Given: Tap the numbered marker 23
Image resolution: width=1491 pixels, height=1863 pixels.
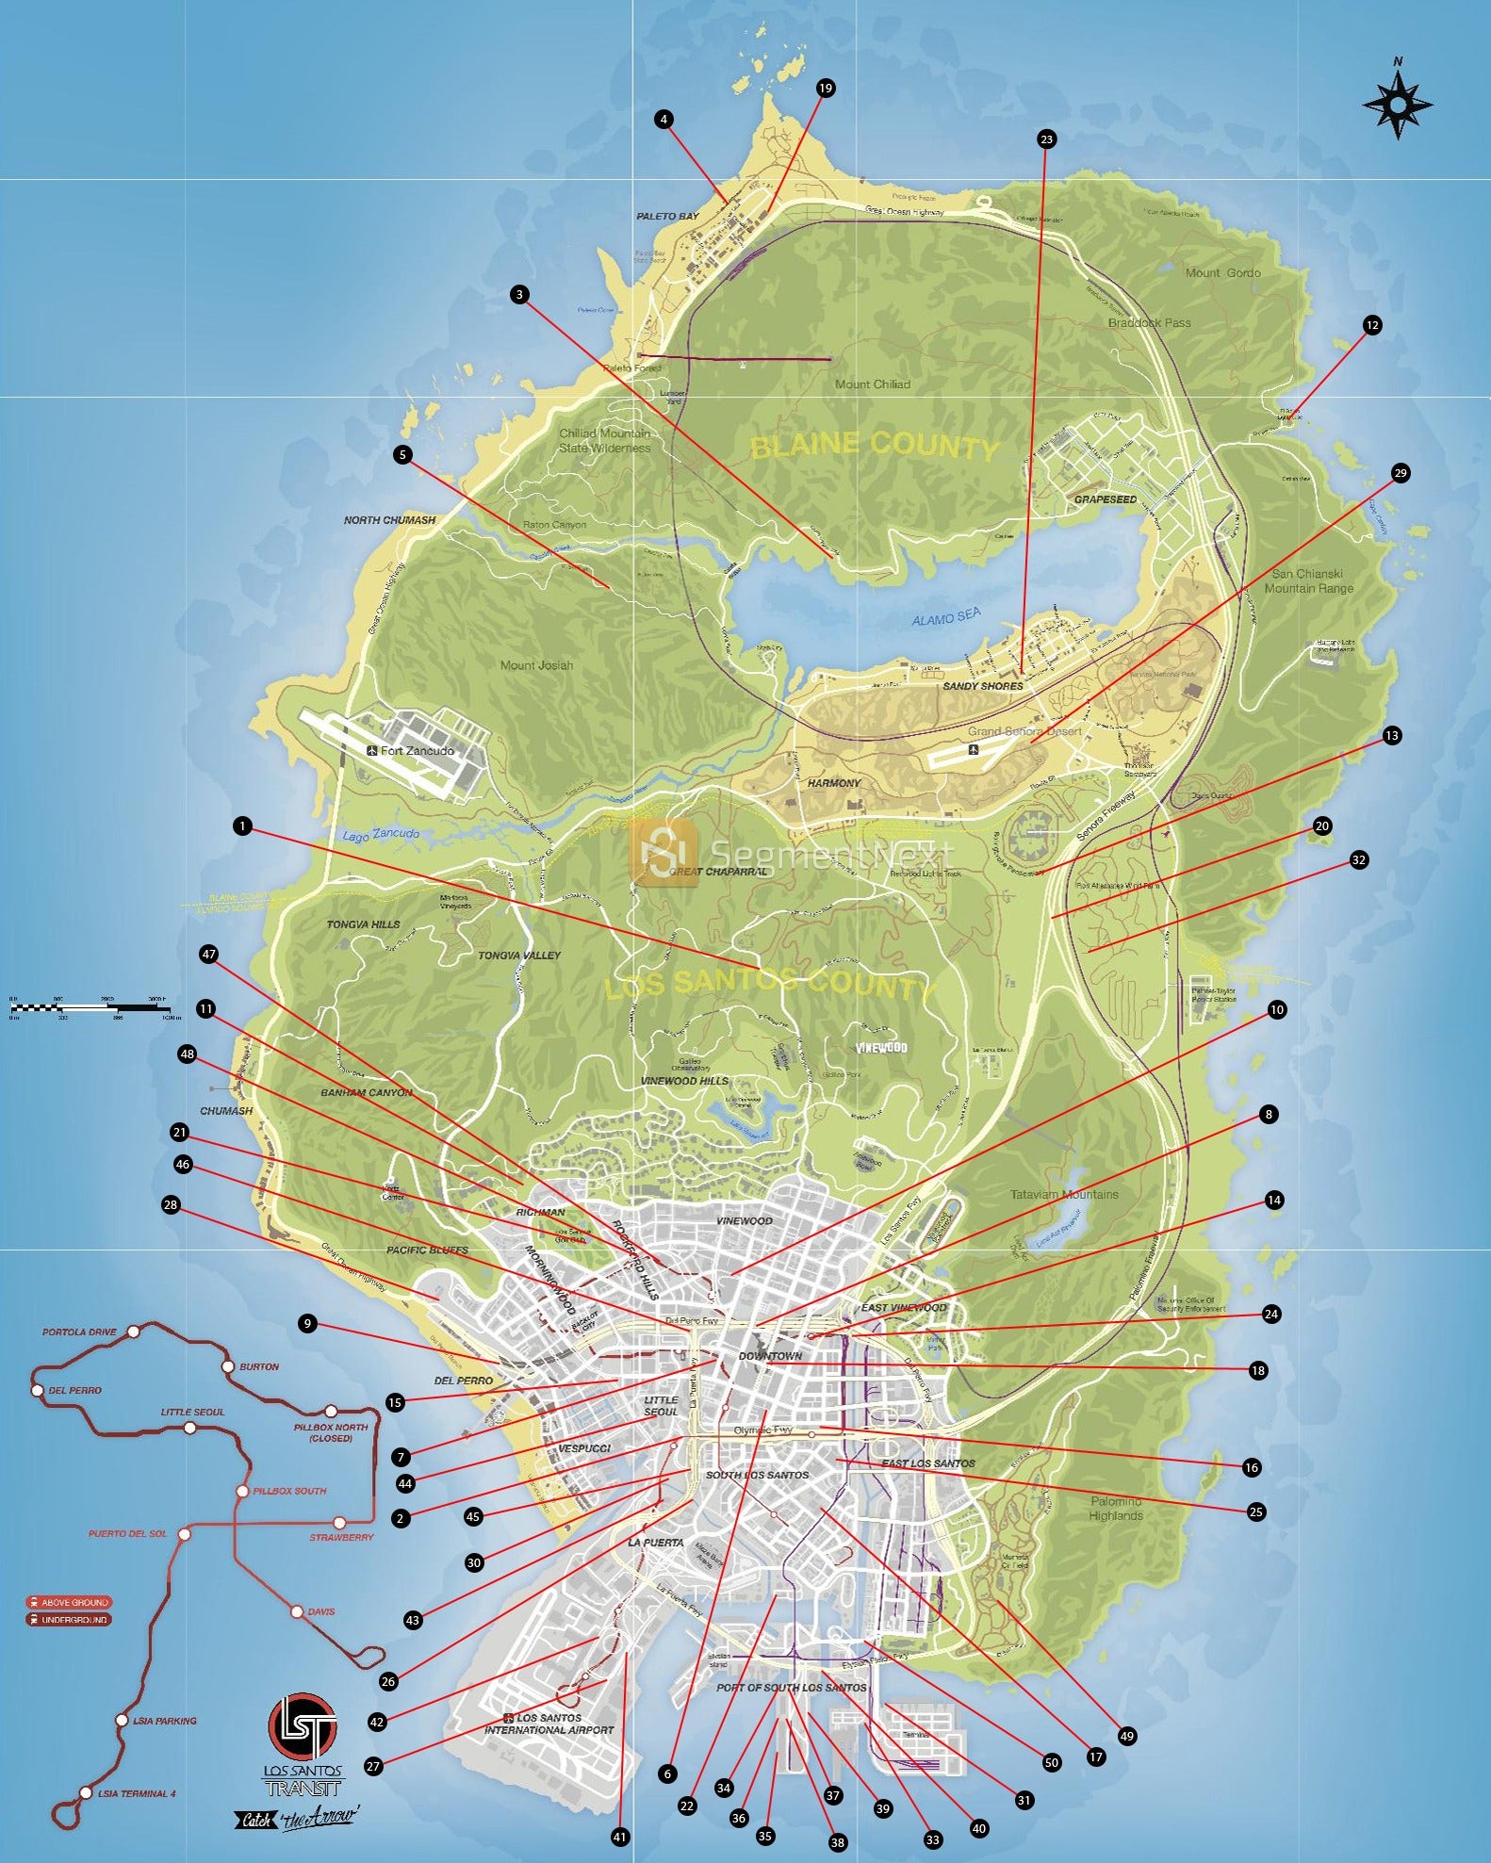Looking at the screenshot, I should [x=1045, y=139].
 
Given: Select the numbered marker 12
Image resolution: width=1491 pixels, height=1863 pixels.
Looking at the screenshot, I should [x=1371, y=325].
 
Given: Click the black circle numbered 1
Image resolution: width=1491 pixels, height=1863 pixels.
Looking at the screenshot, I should [x=243, y=826].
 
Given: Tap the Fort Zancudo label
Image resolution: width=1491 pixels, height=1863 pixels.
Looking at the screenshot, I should [x=417, y=751].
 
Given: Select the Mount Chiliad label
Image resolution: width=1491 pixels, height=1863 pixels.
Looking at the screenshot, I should [x=872, y=384].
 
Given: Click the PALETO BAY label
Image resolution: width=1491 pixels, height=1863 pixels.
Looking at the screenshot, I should [x=667, y=217].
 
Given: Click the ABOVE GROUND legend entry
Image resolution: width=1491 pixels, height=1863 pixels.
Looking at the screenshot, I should [x=70, y=1602].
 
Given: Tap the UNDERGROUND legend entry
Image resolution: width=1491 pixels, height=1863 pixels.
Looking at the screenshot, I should [x=70, y=1620].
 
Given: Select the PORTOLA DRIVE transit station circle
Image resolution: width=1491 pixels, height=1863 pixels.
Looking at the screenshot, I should [x=134, y=1331].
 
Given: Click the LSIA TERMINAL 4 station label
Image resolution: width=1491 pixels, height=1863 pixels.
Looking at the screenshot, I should [x=136, y=1793].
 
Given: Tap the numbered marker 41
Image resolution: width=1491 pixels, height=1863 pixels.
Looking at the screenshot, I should [x=619, y=1837].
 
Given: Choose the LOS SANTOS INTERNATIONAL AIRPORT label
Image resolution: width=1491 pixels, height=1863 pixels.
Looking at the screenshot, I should [x=549, y=1724].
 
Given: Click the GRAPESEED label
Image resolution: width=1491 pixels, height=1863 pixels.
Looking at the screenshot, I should [x=1106, y=499].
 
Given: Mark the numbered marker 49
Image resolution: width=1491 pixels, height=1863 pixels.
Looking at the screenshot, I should [x=1126, y=1736].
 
